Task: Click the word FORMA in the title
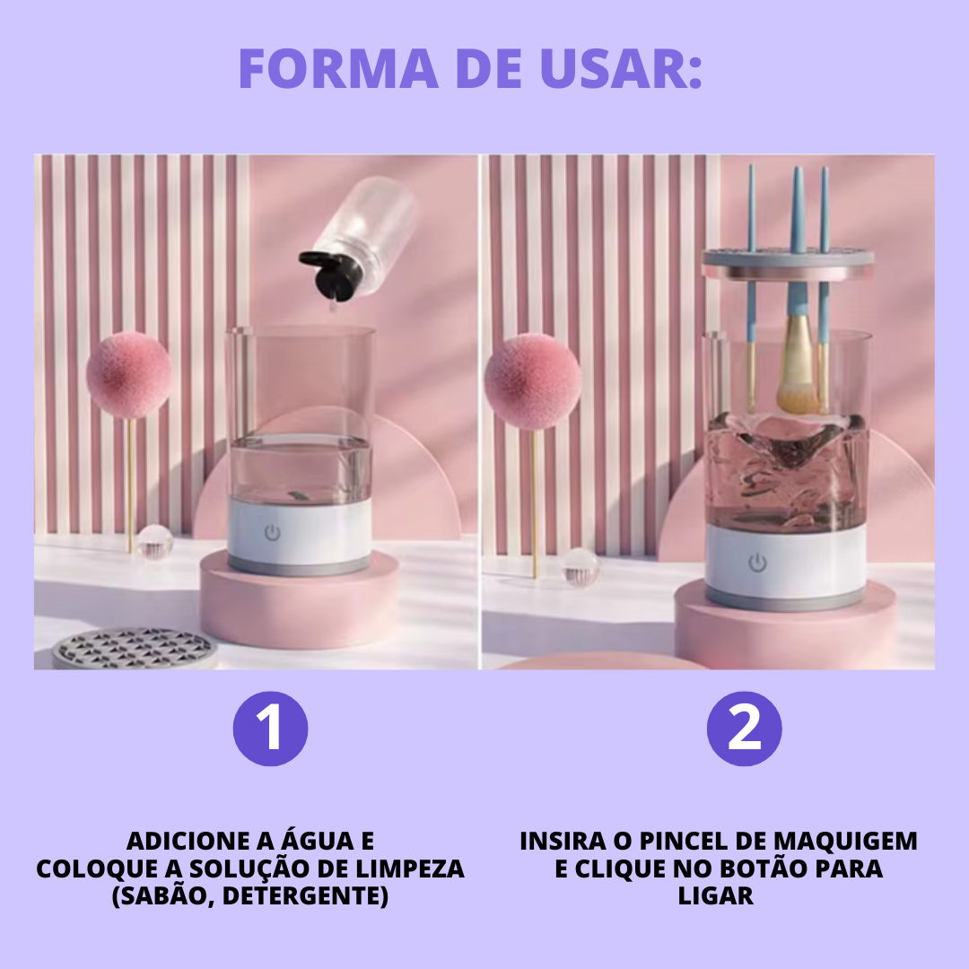(338, 67)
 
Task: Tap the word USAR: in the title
(621, 67)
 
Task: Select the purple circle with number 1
(270, 729)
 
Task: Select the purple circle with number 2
(744, 729)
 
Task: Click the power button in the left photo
(273, 533)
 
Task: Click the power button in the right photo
(757, 563)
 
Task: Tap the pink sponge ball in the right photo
(532, 381)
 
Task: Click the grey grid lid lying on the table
(134, 650)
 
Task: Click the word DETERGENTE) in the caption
(305, 895)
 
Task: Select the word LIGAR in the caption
(716, 895)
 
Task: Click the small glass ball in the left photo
(154, 542)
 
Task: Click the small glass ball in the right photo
(580, 567)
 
